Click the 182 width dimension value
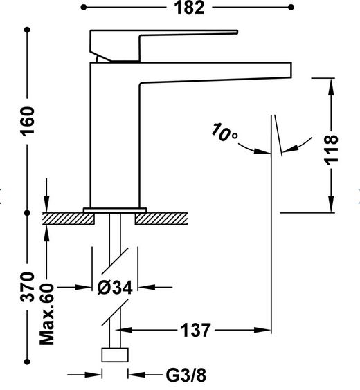coord(189,8)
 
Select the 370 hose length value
coord(28,287)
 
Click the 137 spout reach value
coord(195,331)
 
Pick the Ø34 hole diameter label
coord(115,288)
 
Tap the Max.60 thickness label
coord(47,314)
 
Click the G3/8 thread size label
coord(186,375)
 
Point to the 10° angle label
coord(224,132)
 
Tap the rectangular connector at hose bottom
coord(115,355)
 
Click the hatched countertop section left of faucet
coord(68,219)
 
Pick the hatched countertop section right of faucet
coord(161,219)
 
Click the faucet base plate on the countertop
coord(115,210)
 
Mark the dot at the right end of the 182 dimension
coord(291,7)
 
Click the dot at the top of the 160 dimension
coord(28,30)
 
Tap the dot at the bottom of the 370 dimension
coord(28,362)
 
